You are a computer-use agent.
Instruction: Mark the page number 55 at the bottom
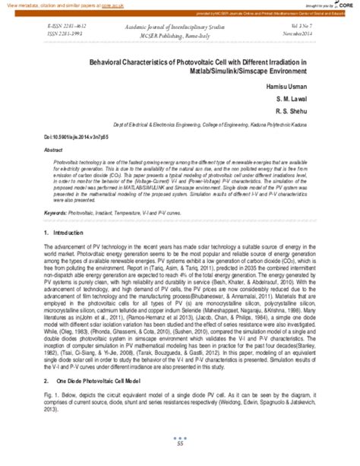click(x=180, y=454)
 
